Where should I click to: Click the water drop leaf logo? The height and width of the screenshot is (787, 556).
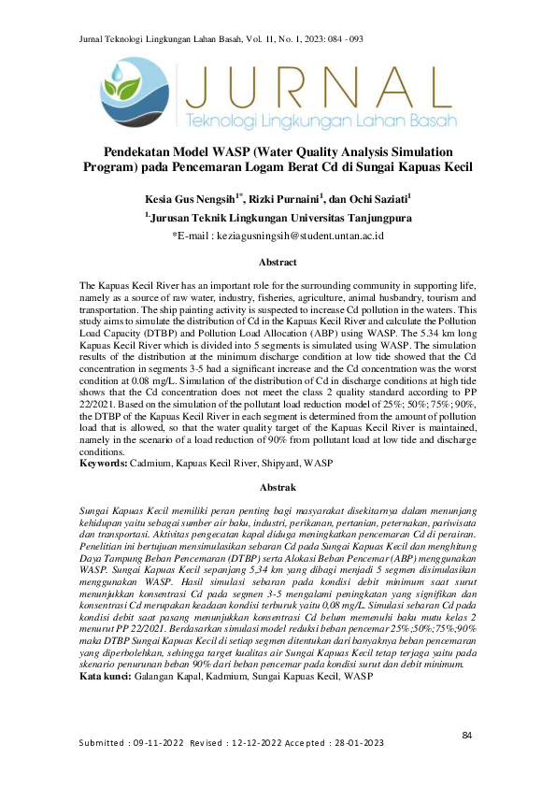(133, 92)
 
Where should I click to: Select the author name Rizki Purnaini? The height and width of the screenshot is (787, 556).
(285, 199)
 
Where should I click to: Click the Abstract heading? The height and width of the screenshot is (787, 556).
(278, 263)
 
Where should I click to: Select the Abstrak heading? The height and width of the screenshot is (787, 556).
(278, 488)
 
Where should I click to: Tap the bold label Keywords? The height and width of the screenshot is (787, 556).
(107, 463)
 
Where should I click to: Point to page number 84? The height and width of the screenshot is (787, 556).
(467, 737)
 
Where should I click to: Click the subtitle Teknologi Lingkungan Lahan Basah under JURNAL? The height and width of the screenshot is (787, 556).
(321, 122)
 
